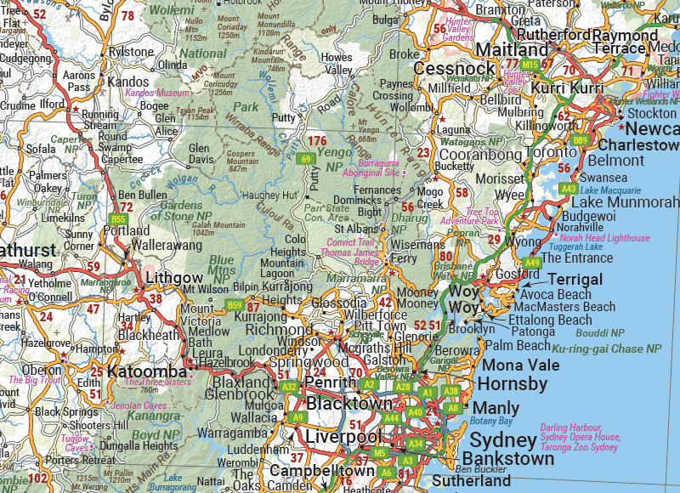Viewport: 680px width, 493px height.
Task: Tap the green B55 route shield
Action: point(118,219)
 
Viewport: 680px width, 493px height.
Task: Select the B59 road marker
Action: point(235,305)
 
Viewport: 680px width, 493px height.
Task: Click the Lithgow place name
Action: point(174,277)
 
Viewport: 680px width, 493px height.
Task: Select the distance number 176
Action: point(318,140)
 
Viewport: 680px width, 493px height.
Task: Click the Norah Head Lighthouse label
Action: point(604,239)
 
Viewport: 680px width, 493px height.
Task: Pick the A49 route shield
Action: point(532,263)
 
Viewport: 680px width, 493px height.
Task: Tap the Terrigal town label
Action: point(575,280)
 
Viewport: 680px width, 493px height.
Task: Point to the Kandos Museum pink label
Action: point(158,92)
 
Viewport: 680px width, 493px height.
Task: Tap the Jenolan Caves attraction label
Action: point(139,406)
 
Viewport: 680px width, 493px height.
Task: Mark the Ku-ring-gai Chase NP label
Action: point(606,348)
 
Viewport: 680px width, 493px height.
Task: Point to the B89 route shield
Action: point(581,140)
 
